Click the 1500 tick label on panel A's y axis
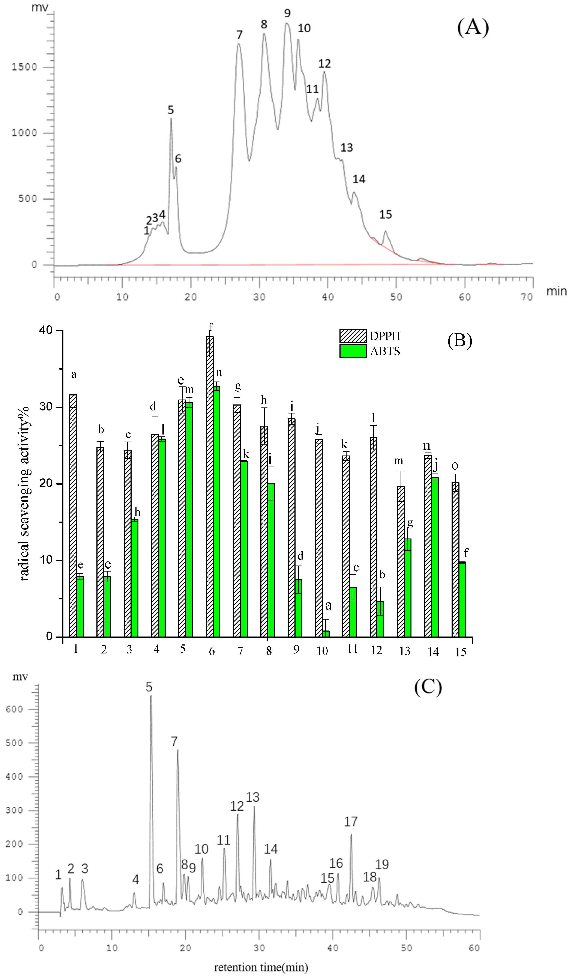[x=24, y=67]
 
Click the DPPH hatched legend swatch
[x=353, y=336]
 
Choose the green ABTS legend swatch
[x=353, y=351]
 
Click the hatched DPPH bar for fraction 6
[x=210, y=486]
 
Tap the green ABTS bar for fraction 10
[x=325, y=633]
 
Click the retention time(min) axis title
[x=261, y=967]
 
